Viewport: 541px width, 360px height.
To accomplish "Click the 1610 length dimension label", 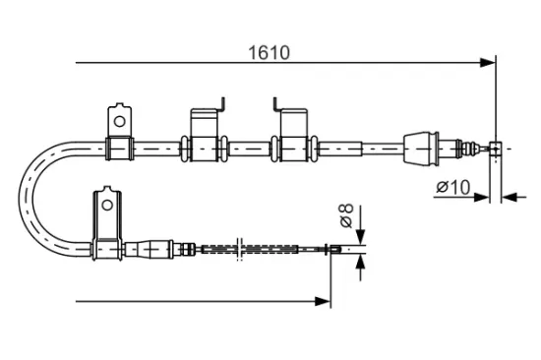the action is (269, 53).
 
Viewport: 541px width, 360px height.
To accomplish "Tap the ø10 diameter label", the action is (453, 187).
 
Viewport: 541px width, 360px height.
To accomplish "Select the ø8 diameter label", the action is (347, 215).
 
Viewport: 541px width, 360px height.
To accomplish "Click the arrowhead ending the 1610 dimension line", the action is (488, 63).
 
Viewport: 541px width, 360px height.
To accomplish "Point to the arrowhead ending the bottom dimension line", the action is (323, 301).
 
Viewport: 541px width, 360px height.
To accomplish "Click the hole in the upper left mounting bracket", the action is (119, 122).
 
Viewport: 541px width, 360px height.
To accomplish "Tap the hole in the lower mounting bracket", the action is (107, 206).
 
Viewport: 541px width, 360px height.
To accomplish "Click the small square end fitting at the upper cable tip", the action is (496, 149).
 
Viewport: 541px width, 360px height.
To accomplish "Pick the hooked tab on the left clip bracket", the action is (222, 104).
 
